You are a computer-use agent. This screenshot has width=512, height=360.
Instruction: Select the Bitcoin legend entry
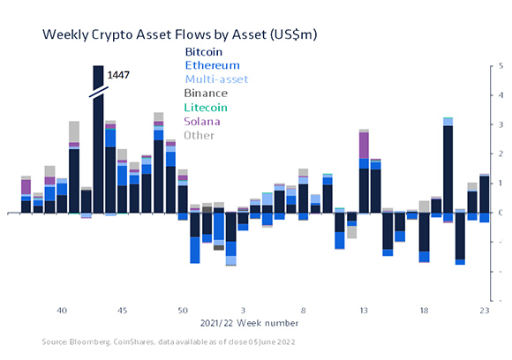pyautogui.click(x=204, y=51)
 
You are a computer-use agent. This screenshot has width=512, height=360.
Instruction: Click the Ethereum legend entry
pyautogui.click(x=211, y=64)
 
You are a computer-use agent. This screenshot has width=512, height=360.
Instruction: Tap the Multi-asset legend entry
pyautogui.click(x=216, y=79)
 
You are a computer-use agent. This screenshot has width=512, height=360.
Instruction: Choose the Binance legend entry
pyautogui.click(x=206, y=93)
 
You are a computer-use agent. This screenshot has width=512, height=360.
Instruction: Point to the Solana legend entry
pyautogui.click(x=202, y=120)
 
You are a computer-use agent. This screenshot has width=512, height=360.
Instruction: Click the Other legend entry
pyautogui.click(x=199, y=134)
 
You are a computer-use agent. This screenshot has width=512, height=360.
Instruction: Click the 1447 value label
pyautogui.click(x=118, y=76)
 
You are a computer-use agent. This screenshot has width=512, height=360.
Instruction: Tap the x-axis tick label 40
pyautogui.click(x=62, y=311)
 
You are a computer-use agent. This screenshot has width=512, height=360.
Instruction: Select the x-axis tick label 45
pyautogui.click(x=122, y=311)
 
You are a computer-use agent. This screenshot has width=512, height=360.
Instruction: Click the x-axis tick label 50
pyautogui.click(x=183, y=311)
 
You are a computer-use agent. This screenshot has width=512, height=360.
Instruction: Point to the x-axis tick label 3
pyautogui.click(x=243, y=311)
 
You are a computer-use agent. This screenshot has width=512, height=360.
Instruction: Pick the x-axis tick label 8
pyautogui.click(x=303, y=311)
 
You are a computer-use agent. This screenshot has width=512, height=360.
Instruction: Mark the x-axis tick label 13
pyautogui.click(x=364, y=311)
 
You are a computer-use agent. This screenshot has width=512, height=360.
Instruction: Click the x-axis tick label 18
pyautogui.click(x=424, y=311)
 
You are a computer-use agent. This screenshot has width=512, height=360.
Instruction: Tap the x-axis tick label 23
pyautogui.click(x=484, y=311)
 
